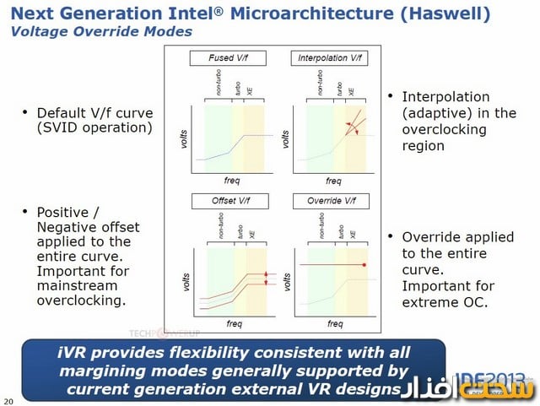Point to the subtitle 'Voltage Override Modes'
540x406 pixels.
click(101, 31)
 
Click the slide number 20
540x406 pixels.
click(8, 399)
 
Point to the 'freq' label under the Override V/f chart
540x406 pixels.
click(334, 323)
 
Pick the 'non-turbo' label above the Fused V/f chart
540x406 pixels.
click(217, 84)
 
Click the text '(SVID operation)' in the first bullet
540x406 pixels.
click(94, 128)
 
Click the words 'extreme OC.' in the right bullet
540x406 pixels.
click(445, 300)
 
